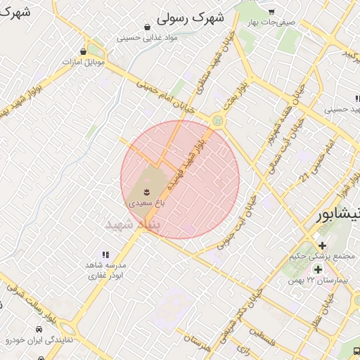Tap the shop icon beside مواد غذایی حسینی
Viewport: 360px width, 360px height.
coord(146,27)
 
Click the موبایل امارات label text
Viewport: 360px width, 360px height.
coord(84,62)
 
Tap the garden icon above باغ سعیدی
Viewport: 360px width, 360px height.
coord(146,191)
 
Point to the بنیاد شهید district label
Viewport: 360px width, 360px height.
coord(133,224)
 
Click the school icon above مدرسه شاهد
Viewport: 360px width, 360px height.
coord(105,255)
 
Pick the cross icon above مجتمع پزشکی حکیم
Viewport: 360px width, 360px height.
coord(322,245)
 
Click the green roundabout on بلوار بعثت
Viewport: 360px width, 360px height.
coord(218,121)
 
